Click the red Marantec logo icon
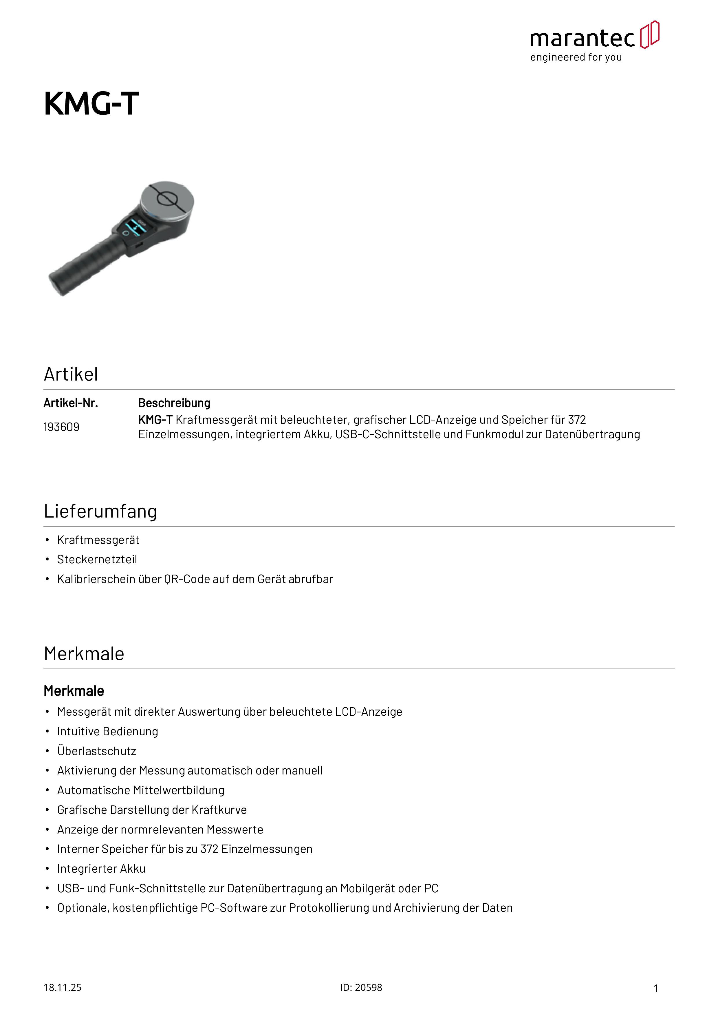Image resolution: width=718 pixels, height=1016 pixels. (649, 34)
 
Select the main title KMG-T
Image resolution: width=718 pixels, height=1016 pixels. (91, 104)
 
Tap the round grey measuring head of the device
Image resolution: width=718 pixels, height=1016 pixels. (167, 200)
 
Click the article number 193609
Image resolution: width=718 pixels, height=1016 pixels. (61, 427)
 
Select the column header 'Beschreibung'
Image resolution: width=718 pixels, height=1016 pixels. (174, 403)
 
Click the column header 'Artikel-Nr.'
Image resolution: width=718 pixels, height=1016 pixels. (71, 403)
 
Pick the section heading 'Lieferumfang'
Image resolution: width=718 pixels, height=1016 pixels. (100, 511)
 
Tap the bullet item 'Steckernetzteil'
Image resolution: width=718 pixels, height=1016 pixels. (97, 559)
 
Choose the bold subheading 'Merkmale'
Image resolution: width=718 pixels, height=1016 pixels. (74, 691)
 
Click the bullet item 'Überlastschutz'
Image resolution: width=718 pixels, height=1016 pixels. (96, 751)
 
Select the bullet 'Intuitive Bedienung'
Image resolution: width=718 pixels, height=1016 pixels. (107, 732)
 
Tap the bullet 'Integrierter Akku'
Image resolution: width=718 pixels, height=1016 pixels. (101, 869)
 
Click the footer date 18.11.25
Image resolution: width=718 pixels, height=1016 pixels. (62, 987)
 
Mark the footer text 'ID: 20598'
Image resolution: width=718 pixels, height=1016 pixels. (361, 987)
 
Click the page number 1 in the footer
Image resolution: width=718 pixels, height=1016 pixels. (656, 988)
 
